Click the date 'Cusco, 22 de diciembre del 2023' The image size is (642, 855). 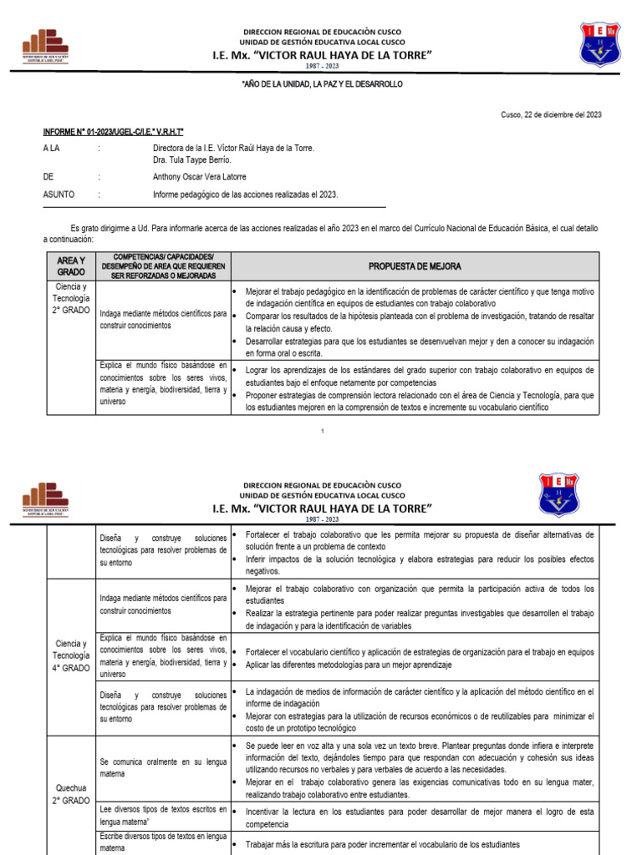(x=550, y=115)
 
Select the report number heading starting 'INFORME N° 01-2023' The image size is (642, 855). (x=114, y=132)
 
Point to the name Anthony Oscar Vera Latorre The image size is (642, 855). (x=200, y=177)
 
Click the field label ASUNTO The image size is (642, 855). (x=59, y=195)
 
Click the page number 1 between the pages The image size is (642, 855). (x=322, y=430)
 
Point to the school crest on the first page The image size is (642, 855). (x=600, y=43)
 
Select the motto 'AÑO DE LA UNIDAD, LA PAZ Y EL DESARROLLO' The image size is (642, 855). (x=322, y=85)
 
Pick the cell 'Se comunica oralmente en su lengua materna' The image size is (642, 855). (x=162, y=768)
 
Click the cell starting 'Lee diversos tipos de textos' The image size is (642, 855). (x=162, y=816)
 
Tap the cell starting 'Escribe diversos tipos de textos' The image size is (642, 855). (x=162, y=842)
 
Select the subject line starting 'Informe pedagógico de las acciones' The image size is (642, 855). (x=245, y=195)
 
